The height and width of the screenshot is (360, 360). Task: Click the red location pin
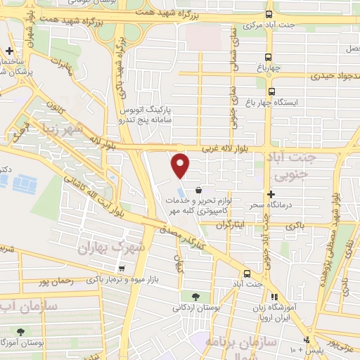point(181,165)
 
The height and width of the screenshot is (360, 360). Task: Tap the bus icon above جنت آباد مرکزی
point(268,14)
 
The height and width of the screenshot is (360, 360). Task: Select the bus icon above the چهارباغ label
point(268,58)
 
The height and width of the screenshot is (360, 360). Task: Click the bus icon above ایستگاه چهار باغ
point(270,91)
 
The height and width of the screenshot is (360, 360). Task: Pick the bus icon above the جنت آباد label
point(247,274)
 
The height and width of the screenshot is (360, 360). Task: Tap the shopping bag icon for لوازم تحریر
point(199,190)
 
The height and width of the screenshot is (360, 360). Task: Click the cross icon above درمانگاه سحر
point(271,194)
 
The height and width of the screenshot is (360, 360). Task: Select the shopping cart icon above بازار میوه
point(122,268)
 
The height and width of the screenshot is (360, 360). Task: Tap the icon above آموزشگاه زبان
point(274,297)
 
